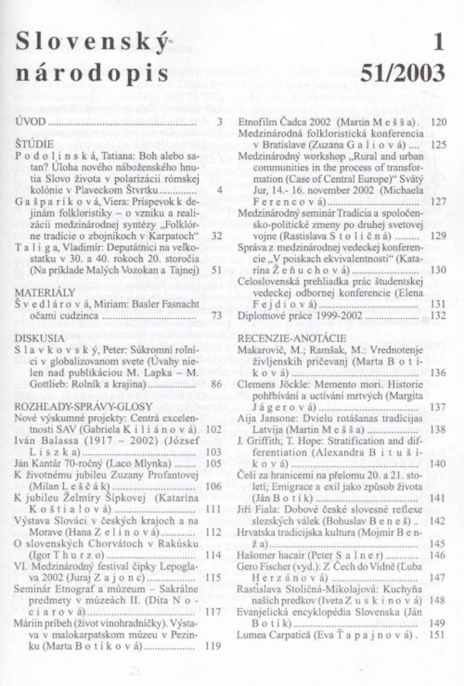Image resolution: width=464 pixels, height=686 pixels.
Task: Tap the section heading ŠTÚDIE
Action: click(34, 144)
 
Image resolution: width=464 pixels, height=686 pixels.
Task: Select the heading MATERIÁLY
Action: click(45, 293)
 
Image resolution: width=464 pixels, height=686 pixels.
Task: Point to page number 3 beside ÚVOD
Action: click(219, 122)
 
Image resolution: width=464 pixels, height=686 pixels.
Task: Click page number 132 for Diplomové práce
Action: click(437, 316)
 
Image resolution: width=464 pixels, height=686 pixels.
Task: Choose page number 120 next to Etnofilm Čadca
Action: click(438, 122)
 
